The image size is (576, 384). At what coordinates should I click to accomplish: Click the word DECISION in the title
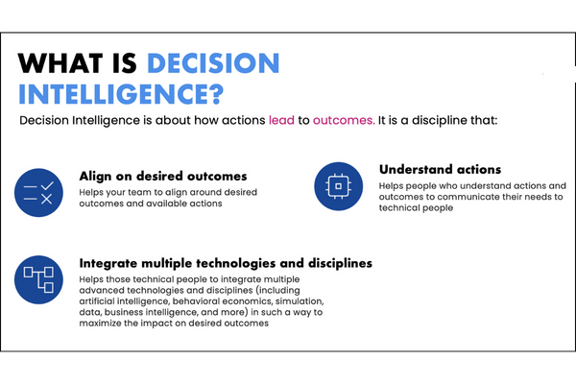click(214, 63)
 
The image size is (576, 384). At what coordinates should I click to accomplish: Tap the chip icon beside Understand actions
click(339, 185)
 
